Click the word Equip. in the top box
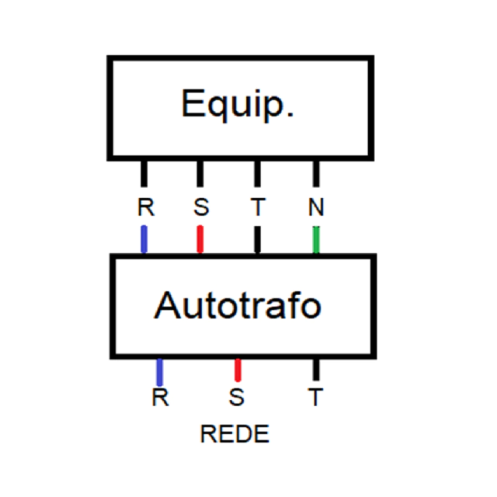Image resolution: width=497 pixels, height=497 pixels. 237,104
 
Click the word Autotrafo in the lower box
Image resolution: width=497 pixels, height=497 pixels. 238,305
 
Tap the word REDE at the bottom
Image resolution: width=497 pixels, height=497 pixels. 235,433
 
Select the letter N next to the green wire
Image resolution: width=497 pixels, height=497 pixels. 315,207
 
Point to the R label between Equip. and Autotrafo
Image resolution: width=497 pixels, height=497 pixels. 145,207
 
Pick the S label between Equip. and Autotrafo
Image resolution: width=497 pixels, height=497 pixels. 201,207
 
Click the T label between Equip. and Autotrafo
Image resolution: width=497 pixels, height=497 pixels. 257,207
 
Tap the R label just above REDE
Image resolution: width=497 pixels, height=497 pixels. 160,398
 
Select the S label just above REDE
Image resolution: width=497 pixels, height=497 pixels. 237,398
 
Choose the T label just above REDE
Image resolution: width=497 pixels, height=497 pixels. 315,398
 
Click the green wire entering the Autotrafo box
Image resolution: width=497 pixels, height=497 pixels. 316,239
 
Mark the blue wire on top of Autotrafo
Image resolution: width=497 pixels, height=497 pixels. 144,239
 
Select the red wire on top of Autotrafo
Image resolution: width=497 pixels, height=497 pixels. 200,239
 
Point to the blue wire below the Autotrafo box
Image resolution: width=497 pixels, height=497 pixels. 160,371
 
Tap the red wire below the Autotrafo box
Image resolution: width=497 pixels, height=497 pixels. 238,369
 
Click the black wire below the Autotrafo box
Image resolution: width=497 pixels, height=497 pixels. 315,369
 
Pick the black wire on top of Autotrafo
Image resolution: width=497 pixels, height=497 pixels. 257,239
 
